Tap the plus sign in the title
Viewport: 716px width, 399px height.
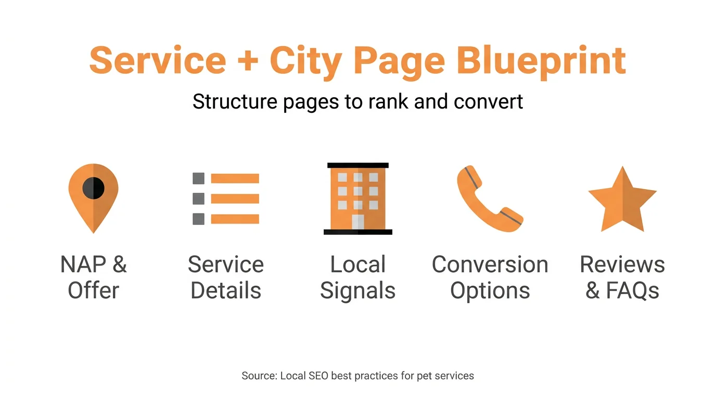click(248, 61)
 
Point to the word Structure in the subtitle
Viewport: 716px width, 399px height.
click(235, 101)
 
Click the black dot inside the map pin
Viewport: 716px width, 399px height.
click(94, 188)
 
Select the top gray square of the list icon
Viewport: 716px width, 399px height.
click(198, 178)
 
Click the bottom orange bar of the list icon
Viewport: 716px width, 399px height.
click(235, 219)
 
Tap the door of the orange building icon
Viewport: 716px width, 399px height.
click(358, 222)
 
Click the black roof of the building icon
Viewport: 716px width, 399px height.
click(358, 165)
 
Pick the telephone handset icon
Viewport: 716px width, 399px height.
click(490, 199)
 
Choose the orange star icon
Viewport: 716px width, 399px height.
click(622, 200)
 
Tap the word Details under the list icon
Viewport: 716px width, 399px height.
click(226, 290)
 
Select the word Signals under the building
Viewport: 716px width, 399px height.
click(358, 290)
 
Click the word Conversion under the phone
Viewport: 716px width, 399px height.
click(490, 264)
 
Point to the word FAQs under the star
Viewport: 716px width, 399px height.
click(633, 290)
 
